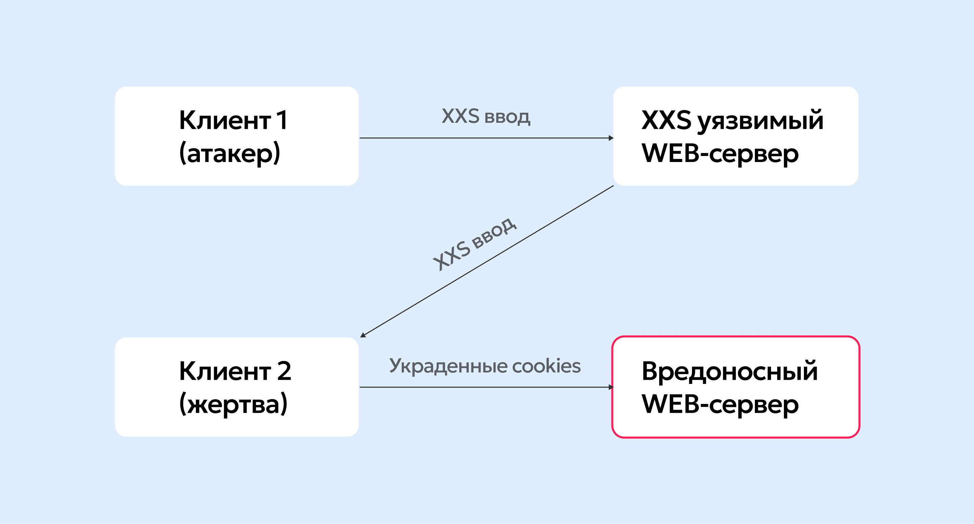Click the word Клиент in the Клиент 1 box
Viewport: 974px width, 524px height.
225,120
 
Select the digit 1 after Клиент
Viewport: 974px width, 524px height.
282,120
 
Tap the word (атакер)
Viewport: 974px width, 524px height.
230,153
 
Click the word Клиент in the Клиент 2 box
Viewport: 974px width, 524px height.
225,371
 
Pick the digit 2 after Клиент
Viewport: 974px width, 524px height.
284,371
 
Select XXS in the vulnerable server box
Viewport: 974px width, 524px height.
666,120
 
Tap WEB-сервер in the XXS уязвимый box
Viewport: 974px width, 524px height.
720,153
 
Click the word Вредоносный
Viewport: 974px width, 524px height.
730,371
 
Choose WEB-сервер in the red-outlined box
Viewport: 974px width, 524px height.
720,404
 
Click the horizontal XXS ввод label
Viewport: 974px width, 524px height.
486,116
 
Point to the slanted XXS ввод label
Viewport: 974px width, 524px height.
475,244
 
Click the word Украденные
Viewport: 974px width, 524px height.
448,366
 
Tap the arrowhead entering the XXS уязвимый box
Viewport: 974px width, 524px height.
611,138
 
